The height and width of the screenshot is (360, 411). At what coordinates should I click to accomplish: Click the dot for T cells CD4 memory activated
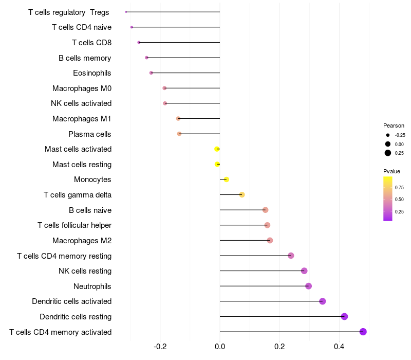coord(363,332)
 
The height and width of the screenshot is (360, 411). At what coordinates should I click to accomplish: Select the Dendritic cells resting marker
coord(344,317)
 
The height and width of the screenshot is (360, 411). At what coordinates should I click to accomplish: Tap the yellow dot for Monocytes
coord(226,179)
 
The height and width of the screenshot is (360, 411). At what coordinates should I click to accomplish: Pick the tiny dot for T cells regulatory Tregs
coord(126,12)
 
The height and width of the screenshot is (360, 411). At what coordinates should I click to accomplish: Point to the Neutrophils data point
coord(308,286)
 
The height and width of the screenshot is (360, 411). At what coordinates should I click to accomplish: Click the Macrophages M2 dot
coord(270,241)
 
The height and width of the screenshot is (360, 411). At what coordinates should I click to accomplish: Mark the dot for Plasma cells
coord(179,134)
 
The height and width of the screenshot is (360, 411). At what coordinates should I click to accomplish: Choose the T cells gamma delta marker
coord(242,195)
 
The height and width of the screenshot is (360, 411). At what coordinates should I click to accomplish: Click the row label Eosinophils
coord(92,73)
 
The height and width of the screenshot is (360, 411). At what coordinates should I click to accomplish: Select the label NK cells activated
coord(81,103)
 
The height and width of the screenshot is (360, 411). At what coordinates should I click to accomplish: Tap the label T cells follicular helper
coord(74,225)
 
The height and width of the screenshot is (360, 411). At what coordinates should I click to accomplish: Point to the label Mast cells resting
coord(82,165)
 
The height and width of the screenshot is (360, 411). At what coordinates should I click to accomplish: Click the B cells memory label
coord(85,58)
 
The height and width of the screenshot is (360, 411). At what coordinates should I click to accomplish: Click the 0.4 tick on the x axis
coord(339,347)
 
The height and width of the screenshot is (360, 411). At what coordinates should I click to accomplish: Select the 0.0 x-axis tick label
coord(220,347)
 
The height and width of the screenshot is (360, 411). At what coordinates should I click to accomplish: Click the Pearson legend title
coord(394,125)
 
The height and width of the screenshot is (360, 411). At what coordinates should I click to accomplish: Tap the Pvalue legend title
coord(391,171)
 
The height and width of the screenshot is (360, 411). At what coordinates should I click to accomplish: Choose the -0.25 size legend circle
coord(388,135)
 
